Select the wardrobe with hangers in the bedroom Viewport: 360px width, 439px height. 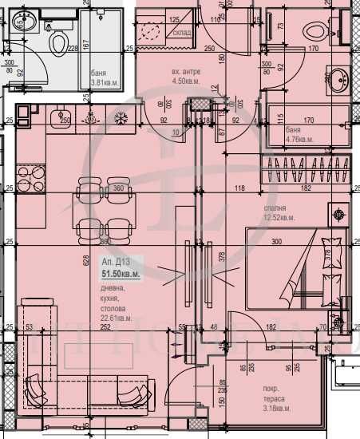click(x=307, y=171)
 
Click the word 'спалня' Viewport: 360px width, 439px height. click(x=277, y=206)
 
